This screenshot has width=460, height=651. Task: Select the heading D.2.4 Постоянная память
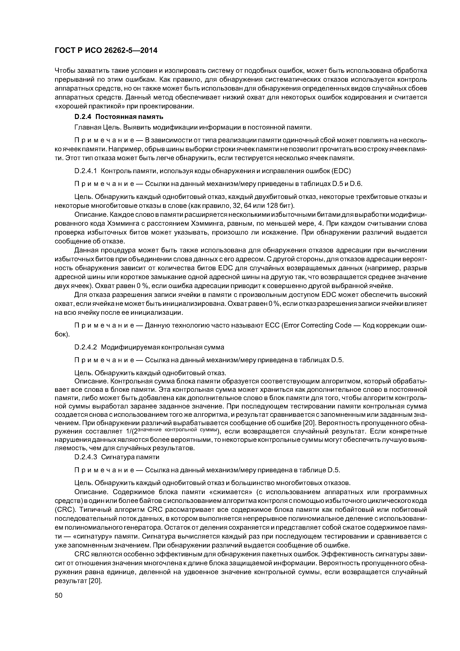click(x=119, y=117)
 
